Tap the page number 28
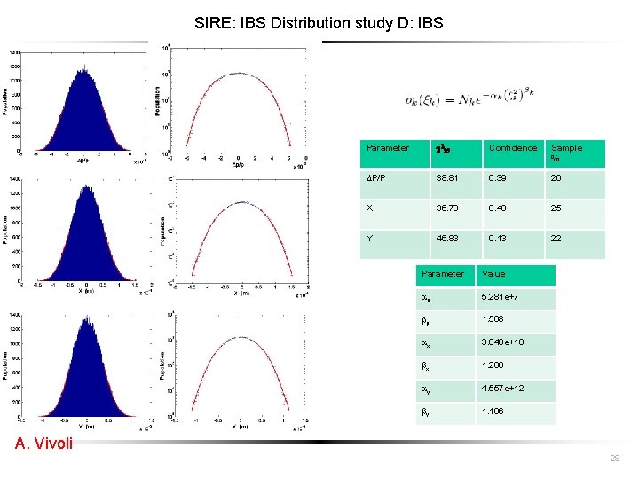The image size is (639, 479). (x=614, y=458)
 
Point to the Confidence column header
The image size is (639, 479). (x=512, y=148)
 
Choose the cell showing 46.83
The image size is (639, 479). (x=446, y=239)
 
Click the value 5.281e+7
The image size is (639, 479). (x=497, y=297)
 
